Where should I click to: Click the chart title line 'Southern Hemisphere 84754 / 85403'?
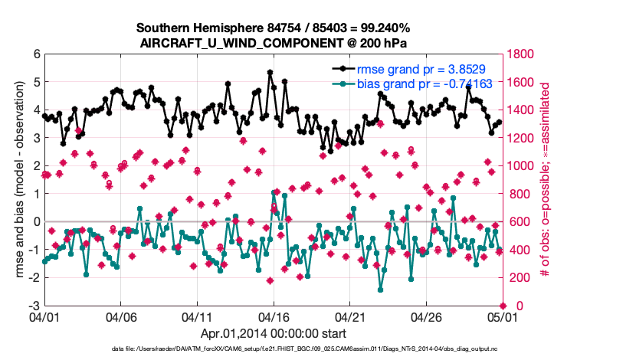pyautogui.click(x=274, y=28)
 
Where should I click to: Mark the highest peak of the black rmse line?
pyautogui.click(x=270, y=73)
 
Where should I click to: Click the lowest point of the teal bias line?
pyautogui.click(x=381, y=290)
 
